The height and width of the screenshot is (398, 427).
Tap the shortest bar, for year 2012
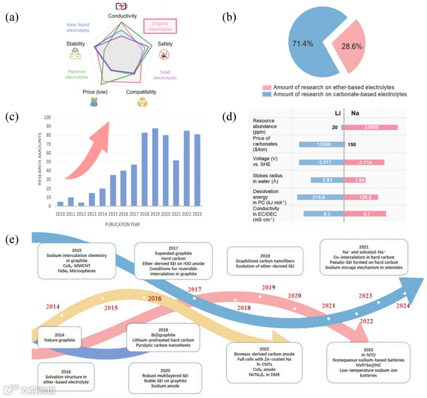coord(81,204)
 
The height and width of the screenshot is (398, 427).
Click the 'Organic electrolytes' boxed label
coord(160,26)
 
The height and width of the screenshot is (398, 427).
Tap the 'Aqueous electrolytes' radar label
coord(77,74)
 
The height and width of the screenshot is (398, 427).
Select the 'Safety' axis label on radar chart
coord(165,44)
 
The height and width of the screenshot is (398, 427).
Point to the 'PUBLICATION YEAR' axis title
coord(123,224)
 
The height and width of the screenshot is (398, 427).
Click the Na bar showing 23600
coord(371,127)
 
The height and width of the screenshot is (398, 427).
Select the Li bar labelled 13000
coord(321,144)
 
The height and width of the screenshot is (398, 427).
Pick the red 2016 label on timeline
coord(154,299)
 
